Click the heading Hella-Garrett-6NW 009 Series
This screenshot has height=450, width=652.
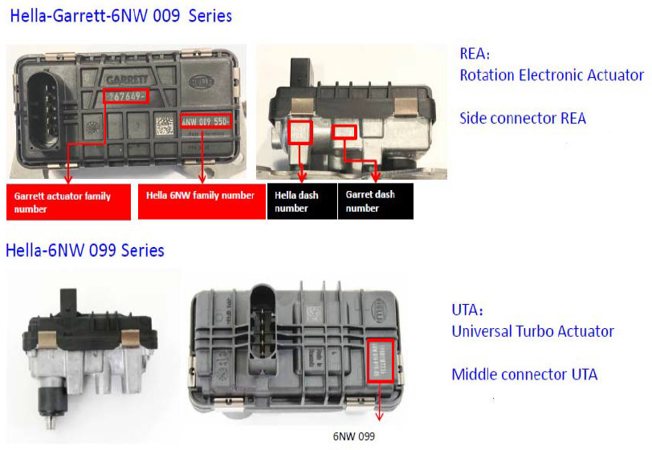pyautogui.click(x=120, y=15)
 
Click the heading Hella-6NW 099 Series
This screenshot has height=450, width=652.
pyautogui.click(x=85, y=250)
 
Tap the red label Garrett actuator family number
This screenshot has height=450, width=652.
pyautogui.click(x=67, y=202)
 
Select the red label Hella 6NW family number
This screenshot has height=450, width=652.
pyautogui.click(x=201, y=196)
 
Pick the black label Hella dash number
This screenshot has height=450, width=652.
pyautogui.click(x=301, y=201)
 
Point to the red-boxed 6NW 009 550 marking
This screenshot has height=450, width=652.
pyautogui.click(x=206, y=121)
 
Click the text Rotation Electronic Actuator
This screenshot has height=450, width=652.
pyautogui.click(x=552, y=75)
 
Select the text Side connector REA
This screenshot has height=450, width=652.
pyautogui.click(x=523, y=119)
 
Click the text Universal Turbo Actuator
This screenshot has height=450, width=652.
pyautogui.click(x=532, y=331)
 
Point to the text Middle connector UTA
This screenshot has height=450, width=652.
pyautogui.click(x=524, y=374)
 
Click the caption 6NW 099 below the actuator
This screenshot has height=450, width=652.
pyautogui.click(x=353, y=437)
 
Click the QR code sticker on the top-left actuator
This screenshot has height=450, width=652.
pyautogui.click(x=165, y=126)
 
